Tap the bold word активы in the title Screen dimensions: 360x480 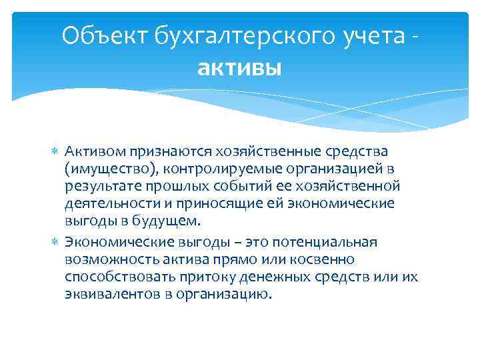240,67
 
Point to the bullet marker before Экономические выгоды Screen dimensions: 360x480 55,242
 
